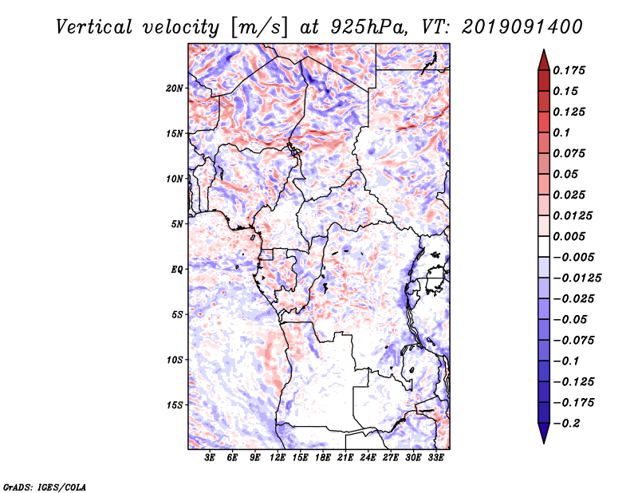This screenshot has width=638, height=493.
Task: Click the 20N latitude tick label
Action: [x=175, y=89]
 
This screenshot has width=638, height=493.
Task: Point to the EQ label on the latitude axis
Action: [x=177, y=270]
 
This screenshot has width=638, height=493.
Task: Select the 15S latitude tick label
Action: [x=175, y=405]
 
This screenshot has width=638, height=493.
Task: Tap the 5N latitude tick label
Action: [x=177, y=224]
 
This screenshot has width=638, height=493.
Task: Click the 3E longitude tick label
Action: [x=210, y=457]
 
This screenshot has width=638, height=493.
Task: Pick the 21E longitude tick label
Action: [x=345, y=457]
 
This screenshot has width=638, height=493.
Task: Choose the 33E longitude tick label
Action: [x=435, y=457]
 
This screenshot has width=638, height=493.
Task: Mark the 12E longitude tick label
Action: [x=278, y=457]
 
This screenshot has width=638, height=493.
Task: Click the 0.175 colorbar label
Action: [x=569, y=70]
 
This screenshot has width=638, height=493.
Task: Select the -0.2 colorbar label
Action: [x=566, y=424]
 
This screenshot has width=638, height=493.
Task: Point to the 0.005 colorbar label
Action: [x=569, y=236]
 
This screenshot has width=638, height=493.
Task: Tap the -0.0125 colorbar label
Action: [x=577, y=278]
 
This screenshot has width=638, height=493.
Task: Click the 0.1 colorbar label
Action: [x=561, y=132]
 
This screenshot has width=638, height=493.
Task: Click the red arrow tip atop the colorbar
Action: [x=544, y=49]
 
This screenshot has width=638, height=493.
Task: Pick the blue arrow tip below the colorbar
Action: [x=544, y=443]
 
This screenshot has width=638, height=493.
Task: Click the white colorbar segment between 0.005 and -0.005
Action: [x=544, y=246]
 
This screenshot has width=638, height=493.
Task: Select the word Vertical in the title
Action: [x=94, y=27]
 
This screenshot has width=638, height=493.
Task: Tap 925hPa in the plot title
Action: [x=369, y=27]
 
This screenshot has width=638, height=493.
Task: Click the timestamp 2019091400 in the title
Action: [x=522, y=27]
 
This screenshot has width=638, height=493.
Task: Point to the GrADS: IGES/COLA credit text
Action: [x=45, y=487]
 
